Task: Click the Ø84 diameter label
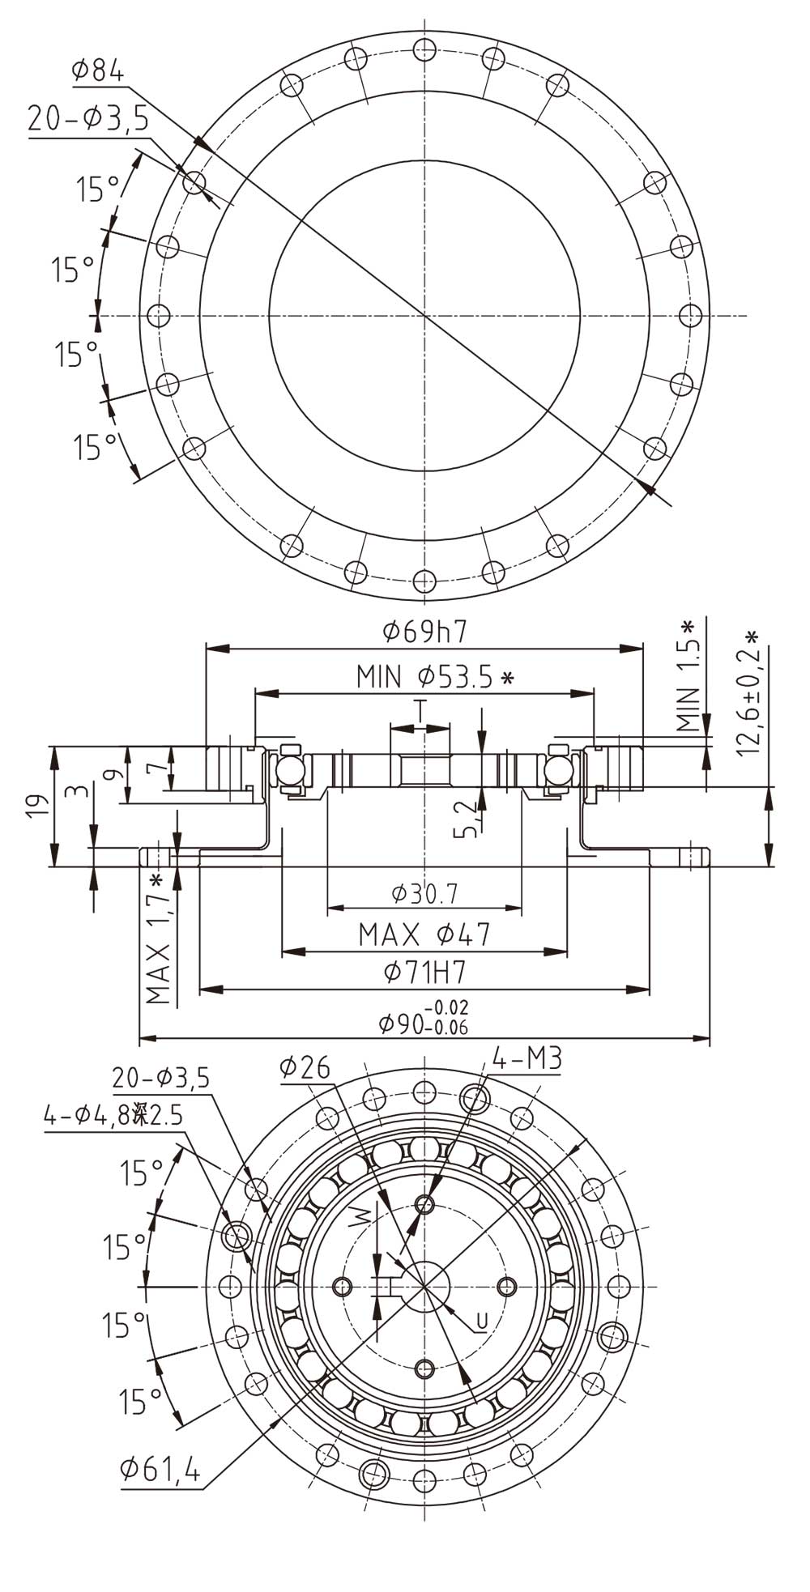click(97, 71)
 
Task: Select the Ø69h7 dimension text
click(424, 631)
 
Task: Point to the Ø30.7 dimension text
click(424, 893)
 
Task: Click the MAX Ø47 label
click(424, 934)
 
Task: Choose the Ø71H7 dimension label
click(424, 972)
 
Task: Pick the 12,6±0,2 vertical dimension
click(749, 693)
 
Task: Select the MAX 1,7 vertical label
click(159, 939)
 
